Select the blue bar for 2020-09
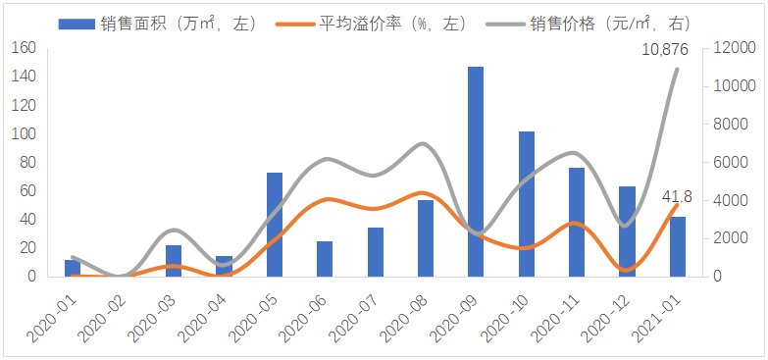(476, 172)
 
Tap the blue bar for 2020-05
(275, 225)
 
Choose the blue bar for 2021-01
(678, 246)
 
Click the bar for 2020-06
(325, 259)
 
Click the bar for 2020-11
(577, 222)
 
